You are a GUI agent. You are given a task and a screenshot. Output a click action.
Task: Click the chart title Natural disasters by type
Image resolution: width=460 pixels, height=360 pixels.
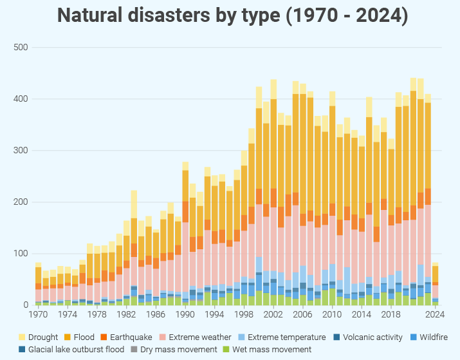(230, 16)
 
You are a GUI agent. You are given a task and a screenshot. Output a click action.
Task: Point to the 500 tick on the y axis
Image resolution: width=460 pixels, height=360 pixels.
(21, 48)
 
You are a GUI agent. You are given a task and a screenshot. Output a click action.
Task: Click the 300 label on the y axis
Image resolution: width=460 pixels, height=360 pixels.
(21, 151)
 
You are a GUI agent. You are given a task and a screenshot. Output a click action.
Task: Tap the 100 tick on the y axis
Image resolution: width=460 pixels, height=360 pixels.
(21, 254)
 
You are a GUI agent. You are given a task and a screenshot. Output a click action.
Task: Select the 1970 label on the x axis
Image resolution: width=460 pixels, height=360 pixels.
(38, 315)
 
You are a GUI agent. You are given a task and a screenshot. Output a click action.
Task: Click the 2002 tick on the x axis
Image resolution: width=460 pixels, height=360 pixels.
(273, 315)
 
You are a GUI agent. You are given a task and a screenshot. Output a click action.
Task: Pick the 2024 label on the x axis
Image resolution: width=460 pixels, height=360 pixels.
(436, 315)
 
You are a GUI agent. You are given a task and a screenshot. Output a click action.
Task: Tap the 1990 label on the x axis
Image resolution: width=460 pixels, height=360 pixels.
(185, 315)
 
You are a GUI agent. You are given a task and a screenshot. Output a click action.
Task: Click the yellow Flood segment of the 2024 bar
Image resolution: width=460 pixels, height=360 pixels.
(436, 274)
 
